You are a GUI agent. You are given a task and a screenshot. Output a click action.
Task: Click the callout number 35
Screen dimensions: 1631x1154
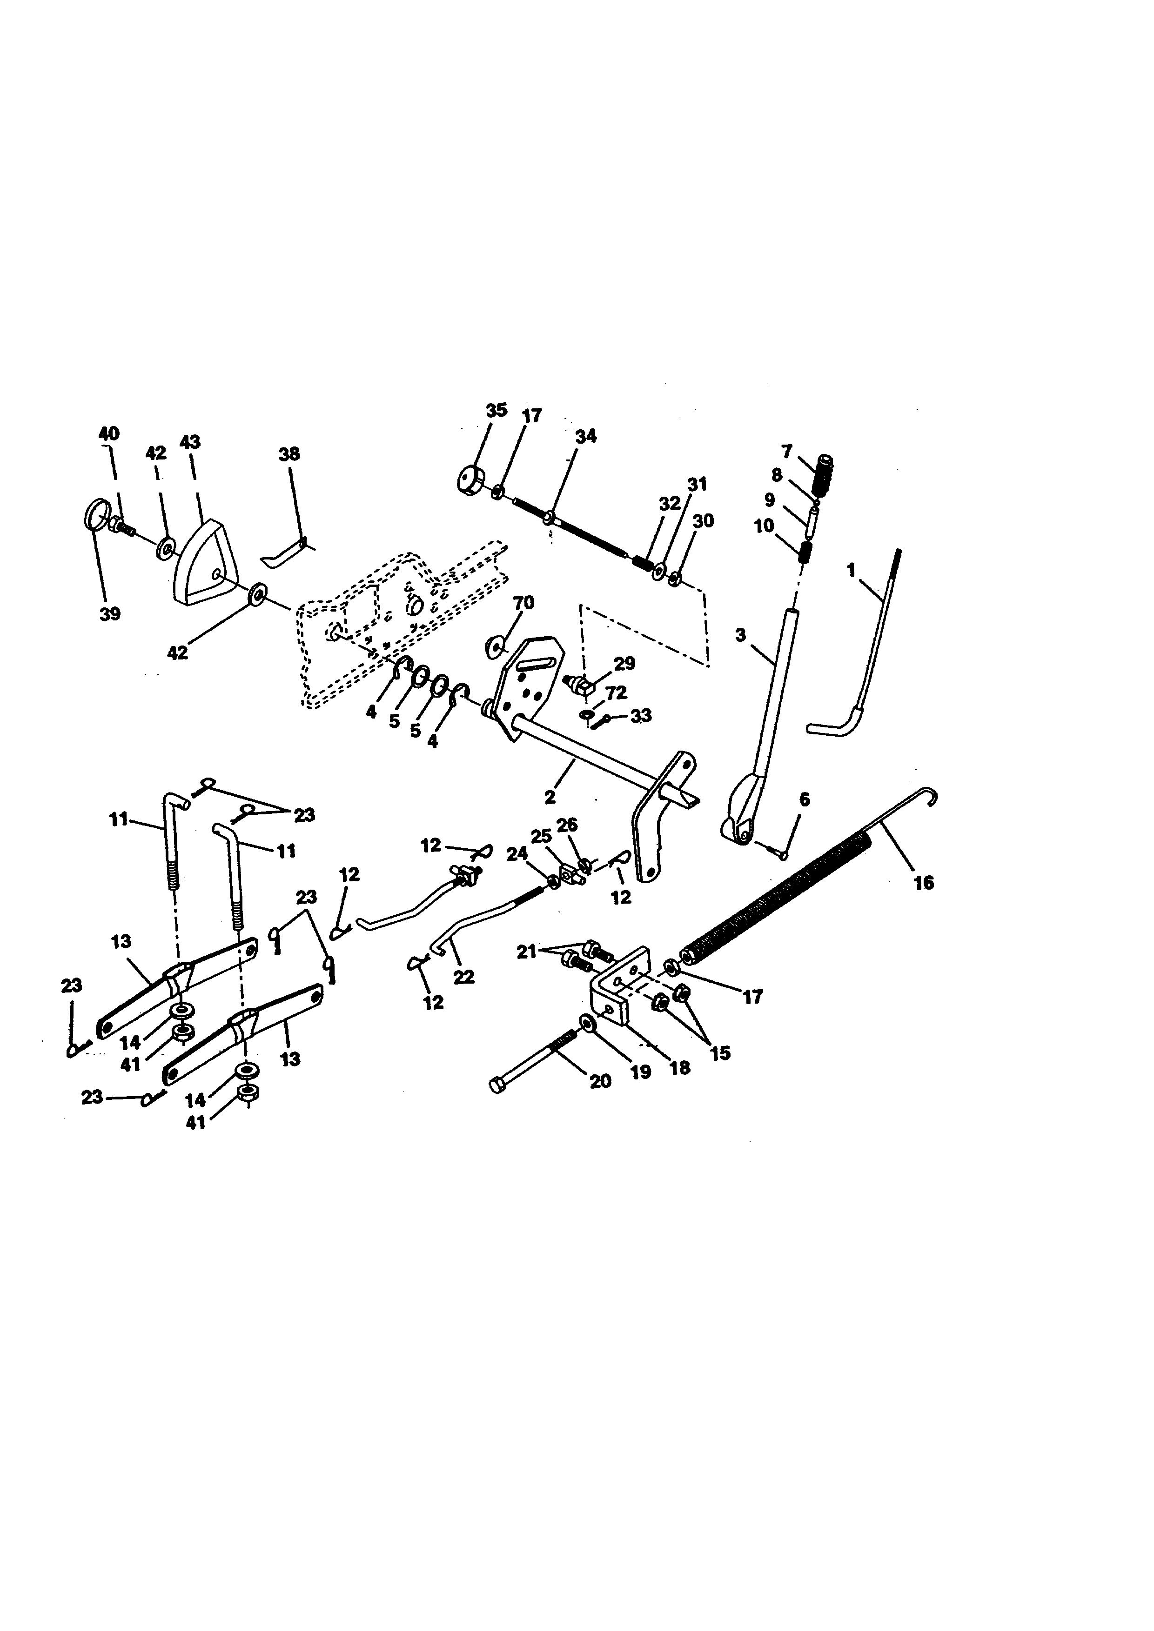(x=496, y=411)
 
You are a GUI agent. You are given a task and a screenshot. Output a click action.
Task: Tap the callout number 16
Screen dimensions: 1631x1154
(x=923, y=883)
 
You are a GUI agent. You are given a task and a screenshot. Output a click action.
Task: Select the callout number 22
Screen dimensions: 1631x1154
(x=464, y=978)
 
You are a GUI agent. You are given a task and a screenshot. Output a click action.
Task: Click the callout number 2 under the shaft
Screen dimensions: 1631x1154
(x=550, y=797)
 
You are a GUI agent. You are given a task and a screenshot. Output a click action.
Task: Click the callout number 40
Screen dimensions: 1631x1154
(x=109, y=433)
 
